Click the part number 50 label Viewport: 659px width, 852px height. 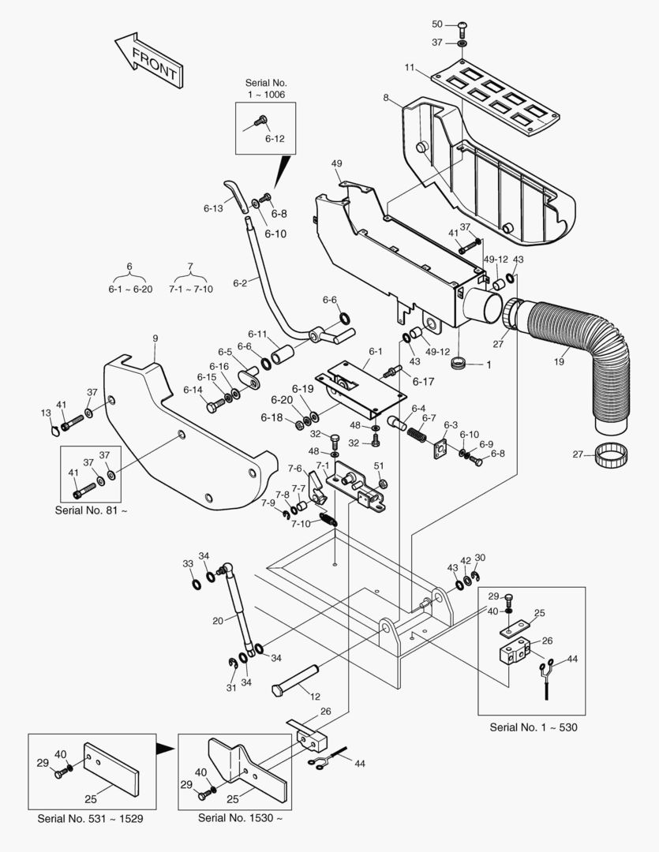[x=437, y=24]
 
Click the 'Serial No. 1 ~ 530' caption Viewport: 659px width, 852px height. [x=534, y=727]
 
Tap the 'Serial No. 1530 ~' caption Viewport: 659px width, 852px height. [x=240, y=818]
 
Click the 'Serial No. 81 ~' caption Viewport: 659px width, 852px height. [x=91, y=510]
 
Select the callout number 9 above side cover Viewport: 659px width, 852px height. [x=155, y=338]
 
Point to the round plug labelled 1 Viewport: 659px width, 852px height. [x=460, y=363]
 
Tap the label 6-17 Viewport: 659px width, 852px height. [x=423, y=382]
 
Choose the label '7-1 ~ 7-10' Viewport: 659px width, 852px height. [x=191, y=289]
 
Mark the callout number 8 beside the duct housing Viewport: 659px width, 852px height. [x=386, y=98]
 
